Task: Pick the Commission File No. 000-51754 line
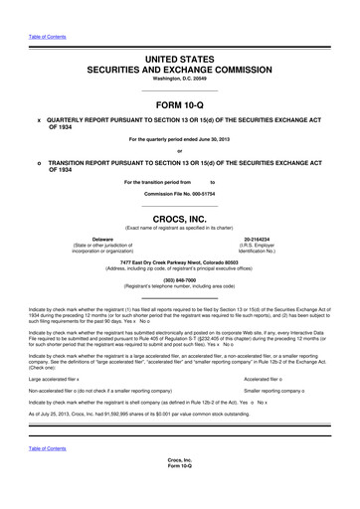click(179, 193)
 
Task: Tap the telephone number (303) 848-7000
click(179, 280)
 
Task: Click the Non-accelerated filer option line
click(109, 392)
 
